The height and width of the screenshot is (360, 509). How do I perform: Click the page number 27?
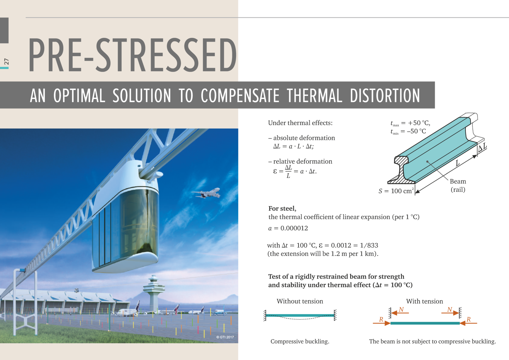[x=6, y=61]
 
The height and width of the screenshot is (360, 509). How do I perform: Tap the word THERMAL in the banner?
[x=315, y=96]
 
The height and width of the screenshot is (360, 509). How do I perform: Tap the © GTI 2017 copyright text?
[x=225, y=337]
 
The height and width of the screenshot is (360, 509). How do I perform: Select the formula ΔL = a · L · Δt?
[x=293, y=146]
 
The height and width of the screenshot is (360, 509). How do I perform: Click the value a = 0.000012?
[x=288, y=228]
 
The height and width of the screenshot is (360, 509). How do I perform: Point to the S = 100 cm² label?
[x=396, y=191]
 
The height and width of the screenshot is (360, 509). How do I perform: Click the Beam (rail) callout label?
[x=458, y=185]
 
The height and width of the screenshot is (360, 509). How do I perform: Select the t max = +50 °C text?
[x=410, y=123]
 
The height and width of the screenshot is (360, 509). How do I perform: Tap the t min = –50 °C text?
[x=408, y=132]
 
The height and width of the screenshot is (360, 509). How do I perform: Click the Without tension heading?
[x=300, y=301]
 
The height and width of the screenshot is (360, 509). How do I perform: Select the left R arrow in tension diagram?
[x=382, y=323]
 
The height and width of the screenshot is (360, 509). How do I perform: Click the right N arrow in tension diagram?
[x=450, y=313]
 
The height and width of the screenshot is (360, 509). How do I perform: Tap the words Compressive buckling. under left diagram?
[x=300, y=342]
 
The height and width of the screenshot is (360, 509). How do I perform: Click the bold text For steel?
[x=282, y=208]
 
